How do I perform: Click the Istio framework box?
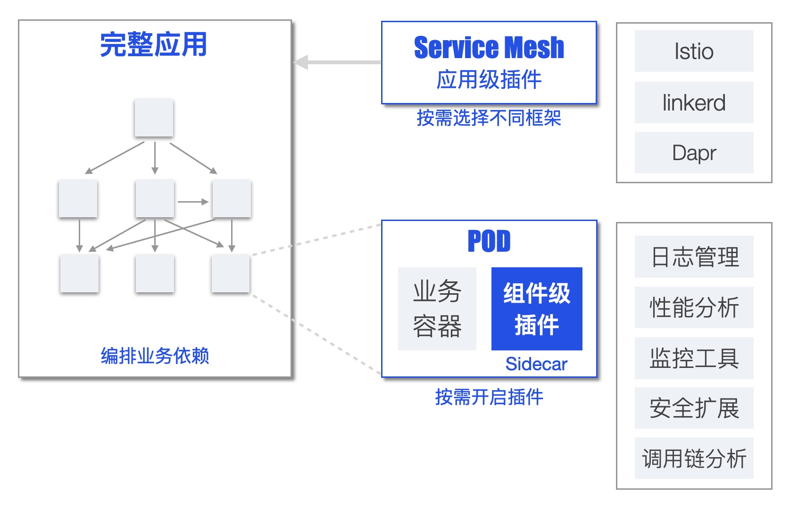pyautogui.click(x=694, y=51)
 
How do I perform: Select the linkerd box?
pyautogui.click(x=694, y=102)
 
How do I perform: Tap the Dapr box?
pyautogui.click(x=694, y=153)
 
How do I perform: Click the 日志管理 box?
pyautogui.click(x=694, y=256)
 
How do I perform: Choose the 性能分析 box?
pyautogui.click(x=694, y=307)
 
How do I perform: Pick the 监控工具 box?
pyautogui.click(x=694, y=358)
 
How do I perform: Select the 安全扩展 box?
pyautogui.click(x=694, y=408)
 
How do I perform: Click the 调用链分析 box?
pyautogui.click(x=694, y=458)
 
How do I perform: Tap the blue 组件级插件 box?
pyautogui.click(x=537, y=309)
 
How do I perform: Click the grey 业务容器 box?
pyautogui.click(x=437, y=309)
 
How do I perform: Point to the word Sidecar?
pyautogui.click(x=536, y=364)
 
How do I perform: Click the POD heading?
pyautogui.click(x=489, y=241)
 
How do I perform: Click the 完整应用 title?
pyautogui.click(x=153, y=44)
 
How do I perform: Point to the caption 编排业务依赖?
pyautogui.click(x=155, y=356)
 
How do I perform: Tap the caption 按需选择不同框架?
pyautogui.click(x=489, y=118)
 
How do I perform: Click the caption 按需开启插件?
pyautogui.click(x=489, y=397)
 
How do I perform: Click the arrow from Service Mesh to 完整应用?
pyautogui.click(x=337, y=62)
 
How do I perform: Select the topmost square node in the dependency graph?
pyautogui.click(x=154, y=118)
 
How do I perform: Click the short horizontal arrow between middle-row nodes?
pyautogui.click(x=193, y=202)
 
